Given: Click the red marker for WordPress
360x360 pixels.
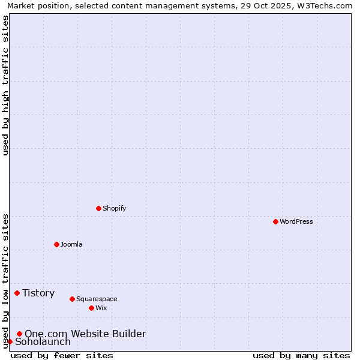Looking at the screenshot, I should click(x=275, y=221).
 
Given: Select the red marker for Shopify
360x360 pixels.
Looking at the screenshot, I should click(x=98, y=208).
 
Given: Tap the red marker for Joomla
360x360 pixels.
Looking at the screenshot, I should click(x=56, y=244).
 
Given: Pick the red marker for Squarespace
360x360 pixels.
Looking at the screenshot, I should click(x=72, y=299).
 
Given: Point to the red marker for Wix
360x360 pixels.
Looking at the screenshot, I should click(x=91, y=308).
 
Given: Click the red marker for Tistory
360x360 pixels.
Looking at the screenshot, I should click(x=17, y=293).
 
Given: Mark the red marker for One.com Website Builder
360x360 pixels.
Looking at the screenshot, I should click(x=19, y=334).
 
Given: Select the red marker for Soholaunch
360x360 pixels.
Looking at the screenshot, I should click(x=10, y=341).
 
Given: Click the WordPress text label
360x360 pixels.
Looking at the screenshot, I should click(x=296, y=221).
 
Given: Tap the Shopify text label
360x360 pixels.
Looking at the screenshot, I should click(x=115, y=208).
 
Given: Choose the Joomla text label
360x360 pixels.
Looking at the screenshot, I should click(x=71, y=244).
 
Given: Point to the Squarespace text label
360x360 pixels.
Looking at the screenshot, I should click(x=97, y=299).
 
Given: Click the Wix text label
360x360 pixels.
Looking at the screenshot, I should click(x=101, y=308).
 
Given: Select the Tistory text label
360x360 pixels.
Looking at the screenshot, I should click(x=38, y=293).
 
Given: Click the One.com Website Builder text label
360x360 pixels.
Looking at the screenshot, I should click(x=85, y=334).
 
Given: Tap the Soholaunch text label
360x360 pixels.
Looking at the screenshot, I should click(x=43, y=342).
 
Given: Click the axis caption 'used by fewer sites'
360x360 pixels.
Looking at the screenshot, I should click(x=62, y=355).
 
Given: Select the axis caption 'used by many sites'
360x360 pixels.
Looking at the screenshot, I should click(x=301, y=355).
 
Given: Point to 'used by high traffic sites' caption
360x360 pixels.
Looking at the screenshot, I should click(x=5, y=85).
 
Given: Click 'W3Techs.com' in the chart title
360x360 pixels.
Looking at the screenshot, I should click(x=326, y=5).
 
